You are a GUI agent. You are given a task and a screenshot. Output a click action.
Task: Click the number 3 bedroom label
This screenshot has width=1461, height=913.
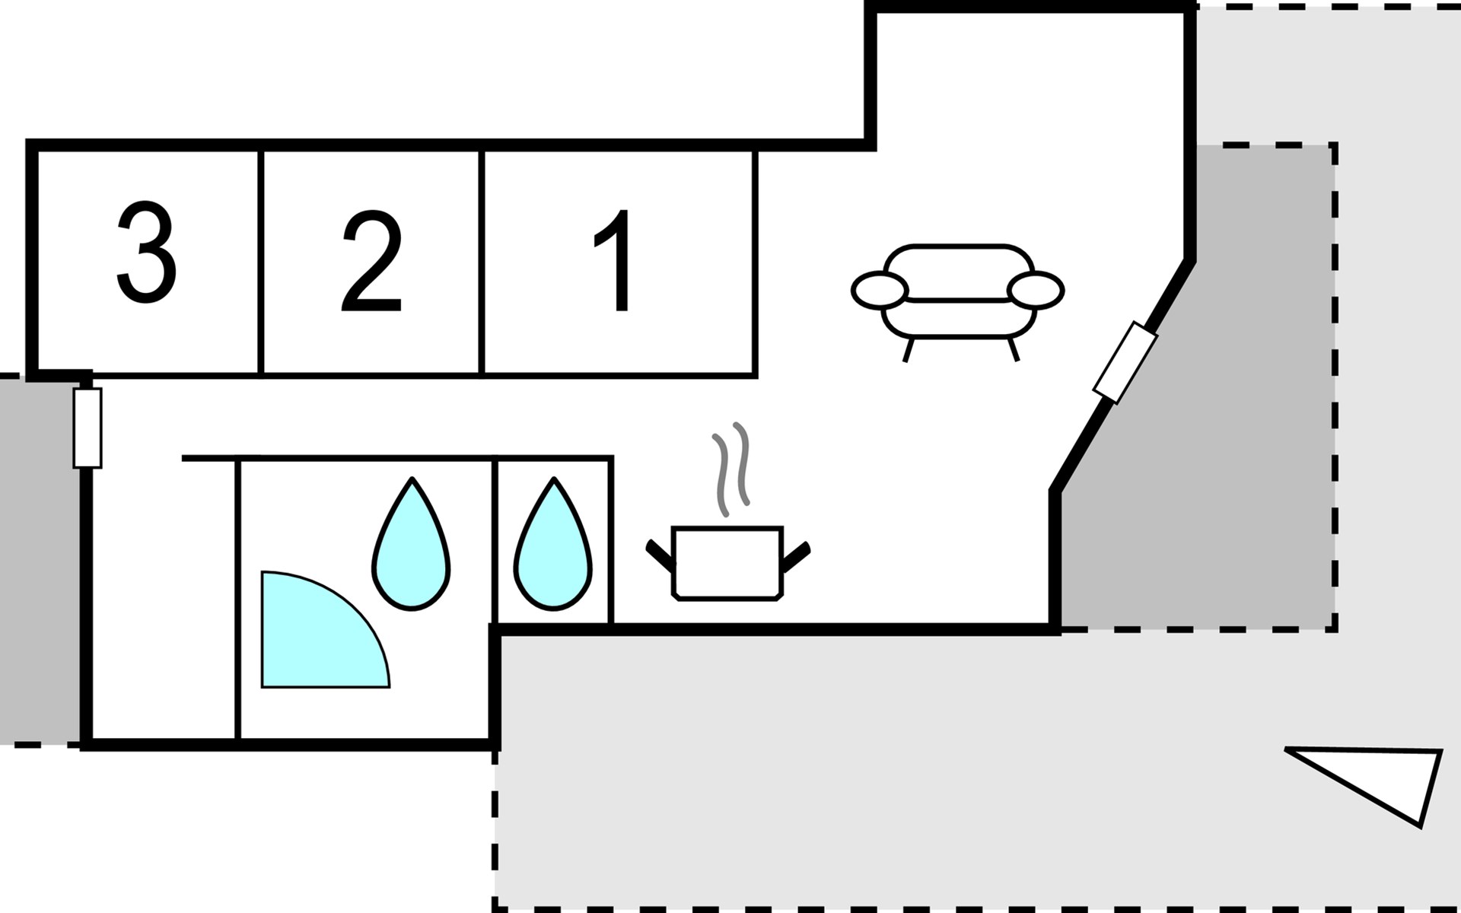point(146,253)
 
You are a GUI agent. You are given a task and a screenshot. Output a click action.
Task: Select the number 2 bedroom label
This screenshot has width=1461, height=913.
point(371,262)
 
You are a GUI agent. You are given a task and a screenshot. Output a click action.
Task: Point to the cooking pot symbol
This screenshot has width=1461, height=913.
point(727,563)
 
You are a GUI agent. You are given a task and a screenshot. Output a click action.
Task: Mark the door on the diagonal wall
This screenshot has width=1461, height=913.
point(1125,362)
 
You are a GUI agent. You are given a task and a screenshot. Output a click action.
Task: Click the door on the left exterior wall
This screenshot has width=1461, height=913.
point(88,428)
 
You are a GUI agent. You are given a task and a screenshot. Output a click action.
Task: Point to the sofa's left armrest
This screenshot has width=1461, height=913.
point(880,290)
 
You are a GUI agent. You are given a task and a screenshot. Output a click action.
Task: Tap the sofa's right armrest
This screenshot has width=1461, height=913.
point(1035,290)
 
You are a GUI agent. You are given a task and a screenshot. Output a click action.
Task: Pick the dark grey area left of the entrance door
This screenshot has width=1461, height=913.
point(38,559)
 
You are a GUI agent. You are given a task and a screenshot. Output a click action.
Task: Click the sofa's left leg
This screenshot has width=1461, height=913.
point(908,350)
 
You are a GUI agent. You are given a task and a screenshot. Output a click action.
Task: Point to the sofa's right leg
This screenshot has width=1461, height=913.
point(1013,349)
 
